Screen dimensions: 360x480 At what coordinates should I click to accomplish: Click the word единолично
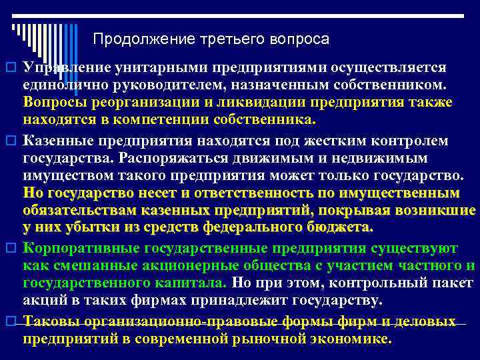(x=62, y=85)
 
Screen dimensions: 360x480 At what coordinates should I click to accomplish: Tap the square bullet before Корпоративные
(x=11, y=249)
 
